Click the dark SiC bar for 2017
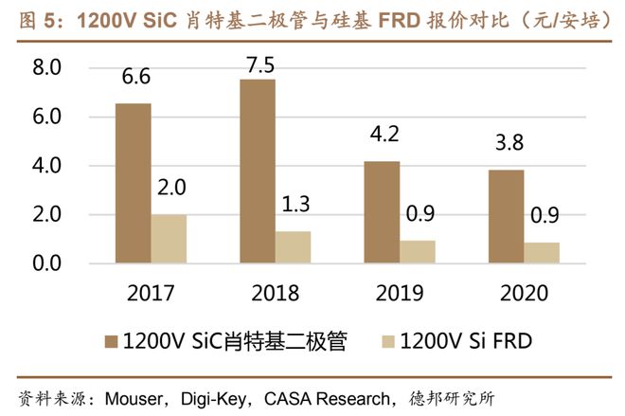pyautogui.click(x=133, y=183)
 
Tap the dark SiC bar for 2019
pyautogui.click(x=382, y=212)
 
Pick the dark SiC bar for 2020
pyautogui.click(x=506, y=217)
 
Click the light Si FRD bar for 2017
pyautogui.click(x=169, y=239)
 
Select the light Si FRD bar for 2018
pyautogui.click(x=293, y=247)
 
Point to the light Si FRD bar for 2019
pyautogui.click(x=418, y=252)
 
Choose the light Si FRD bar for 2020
pyautogui.click(x=542, y=253)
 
